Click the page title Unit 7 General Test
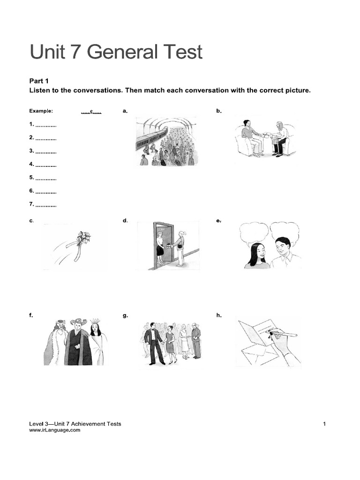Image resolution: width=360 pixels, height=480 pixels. tap(116, 52)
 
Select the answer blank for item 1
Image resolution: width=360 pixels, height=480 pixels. tap(46, 125)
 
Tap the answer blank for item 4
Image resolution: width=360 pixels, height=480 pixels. tap(46, 165)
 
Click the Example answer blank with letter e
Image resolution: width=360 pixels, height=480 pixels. tap(91, 112)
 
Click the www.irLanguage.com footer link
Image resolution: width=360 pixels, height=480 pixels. tap(54, 430)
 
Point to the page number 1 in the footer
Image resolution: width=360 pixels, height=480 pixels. tap(324, 424)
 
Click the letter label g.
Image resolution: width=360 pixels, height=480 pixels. tap(125, 315)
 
